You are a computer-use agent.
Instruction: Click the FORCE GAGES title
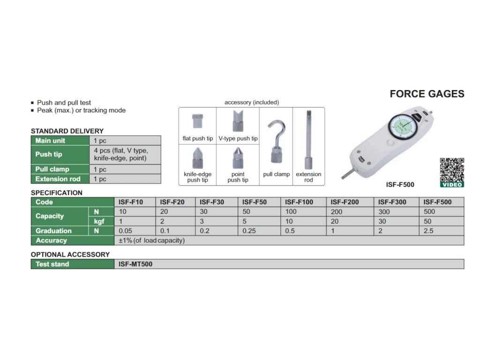(427, 94)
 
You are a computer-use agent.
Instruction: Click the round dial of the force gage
(404, 127)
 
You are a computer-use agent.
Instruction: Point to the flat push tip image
(197, 121)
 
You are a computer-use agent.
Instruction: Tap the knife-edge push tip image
(197, 158)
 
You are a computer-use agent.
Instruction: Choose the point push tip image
(238, 158)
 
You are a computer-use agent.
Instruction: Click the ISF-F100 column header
(299, 202)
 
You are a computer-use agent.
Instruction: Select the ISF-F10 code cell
(131, 202)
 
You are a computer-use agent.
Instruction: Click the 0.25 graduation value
(248, 231)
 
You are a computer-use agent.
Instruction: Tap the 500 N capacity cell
(429, 211)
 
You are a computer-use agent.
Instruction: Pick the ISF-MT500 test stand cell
(135, 264)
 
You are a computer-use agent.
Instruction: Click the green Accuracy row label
(52, 240)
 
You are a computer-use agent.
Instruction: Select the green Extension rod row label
(58, 179)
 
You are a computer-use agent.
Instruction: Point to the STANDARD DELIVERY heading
(67, 131)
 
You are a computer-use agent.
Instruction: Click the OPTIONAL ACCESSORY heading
(70, 255)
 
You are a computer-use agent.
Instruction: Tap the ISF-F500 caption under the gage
(400, 185)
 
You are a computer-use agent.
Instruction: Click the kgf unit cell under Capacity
(99, 221)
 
